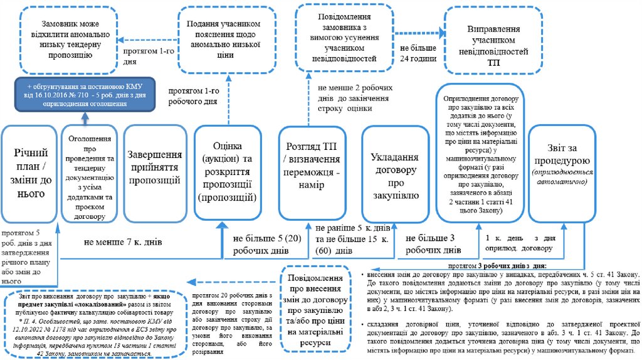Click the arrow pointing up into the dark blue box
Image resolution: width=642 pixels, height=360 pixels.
click(85, 119)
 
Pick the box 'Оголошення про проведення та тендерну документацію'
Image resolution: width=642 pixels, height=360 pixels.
click(90, 177)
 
